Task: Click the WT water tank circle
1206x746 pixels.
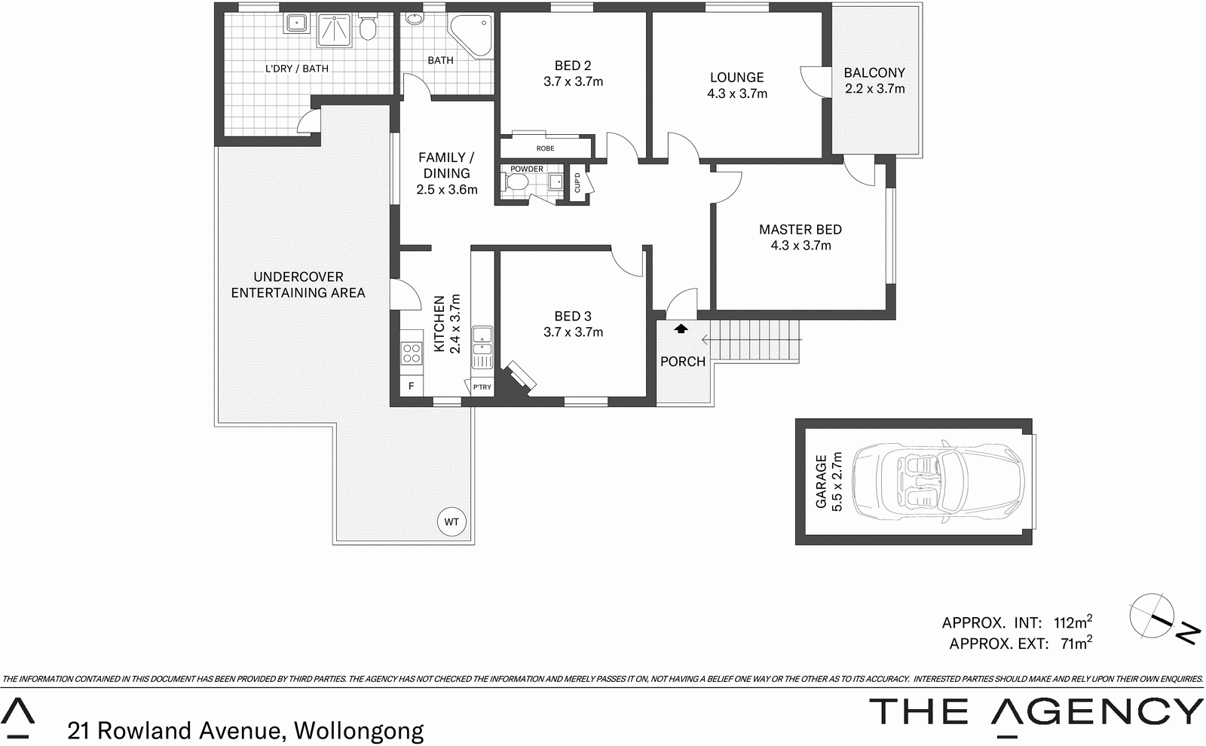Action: click(451, 521)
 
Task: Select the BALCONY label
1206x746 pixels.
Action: click(874, 73)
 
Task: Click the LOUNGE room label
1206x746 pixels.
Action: click(736, 78)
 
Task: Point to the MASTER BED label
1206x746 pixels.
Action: click(800, 230)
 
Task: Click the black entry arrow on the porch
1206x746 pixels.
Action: click(681, 329)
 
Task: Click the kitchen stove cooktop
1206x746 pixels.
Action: click(412, 353)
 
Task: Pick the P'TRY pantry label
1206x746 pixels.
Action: click(482, 387)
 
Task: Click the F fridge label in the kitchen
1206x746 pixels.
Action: click(412, 387)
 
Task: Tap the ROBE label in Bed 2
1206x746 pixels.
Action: click(545, 148)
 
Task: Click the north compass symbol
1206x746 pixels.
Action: click(1152, 616)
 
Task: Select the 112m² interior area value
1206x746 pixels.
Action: click(1073, 622)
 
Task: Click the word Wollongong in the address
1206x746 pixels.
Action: click(358, 730)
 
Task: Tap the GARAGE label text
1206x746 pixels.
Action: click(822, 481)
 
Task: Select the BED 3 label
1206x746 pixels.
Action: click(573, 316)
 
